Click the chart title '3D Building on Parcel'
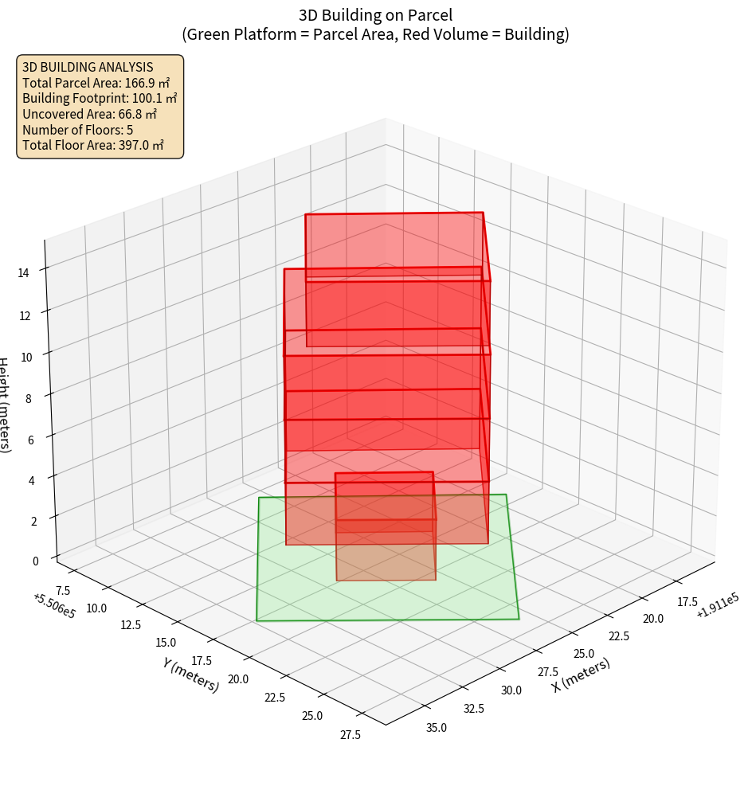(x=375, y=14)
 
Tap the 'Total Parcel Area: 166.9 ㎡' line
(x=96, y=82)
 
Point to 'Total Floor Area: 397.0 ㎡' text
(x=92, y=145)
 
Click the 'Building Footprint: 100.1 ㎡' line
(x=100, y=98)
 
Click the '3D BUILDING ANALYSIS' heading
(x=88, y=67)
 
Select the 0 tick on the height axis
(x=35, y=560)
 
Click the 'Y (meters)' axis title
(x=190, y=674)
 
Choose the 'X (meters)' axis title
(x=581, y=675)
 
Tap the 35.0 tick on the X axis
(x=437, y=727)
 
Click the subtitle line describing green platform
(x=375, y=34)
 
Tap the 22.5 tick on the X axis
(x=618, y=636)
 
